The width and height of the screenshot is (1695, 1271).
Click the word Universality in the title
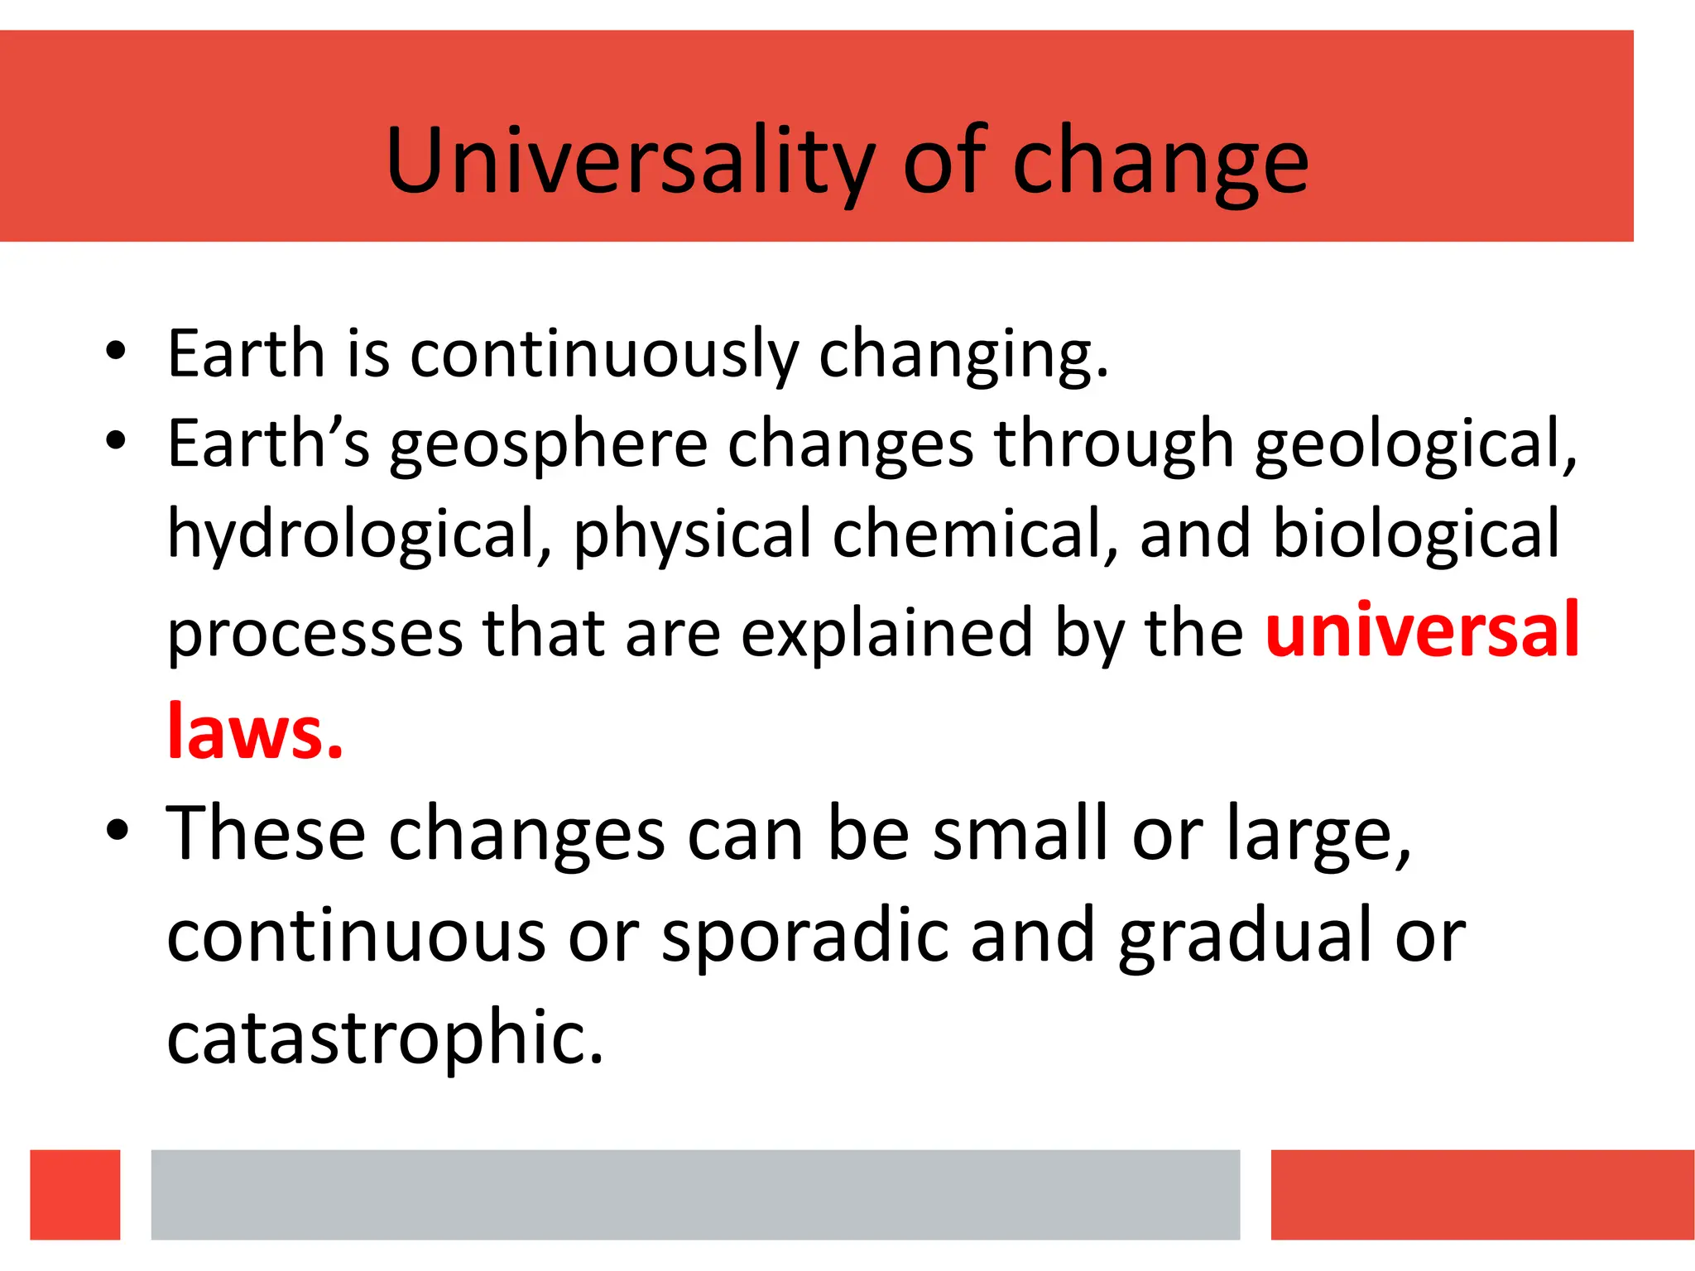(x=629, y=161)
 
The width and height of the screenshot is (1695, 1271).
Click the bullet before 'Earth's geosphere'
(x=116, y=440)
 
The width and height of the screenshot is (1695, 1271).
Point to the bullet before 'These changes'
(x=118, y=829)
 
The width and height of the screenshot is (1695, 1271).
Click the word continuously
(x=604, y=354)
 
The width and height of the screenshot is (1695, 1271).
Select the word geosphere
(x=548, y=445)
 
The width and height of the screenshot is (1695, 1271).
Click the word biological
(x=1415, y=533)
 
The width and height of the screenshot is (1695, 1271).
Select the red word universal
(x=1422, y=631)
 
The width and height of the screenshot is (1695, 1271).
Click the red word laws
(x=254, y=731)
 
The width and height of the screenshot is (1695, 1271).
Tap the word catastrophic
(x=385, y=1038)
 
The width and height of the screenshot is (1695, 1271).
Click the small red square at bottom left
(x=75, y=1194)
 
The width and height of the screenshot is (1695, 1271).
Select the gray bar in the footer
(x=695, y=1194)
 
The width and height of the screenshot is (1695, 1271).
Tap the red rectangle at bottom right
(x=1481, y=1194)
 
